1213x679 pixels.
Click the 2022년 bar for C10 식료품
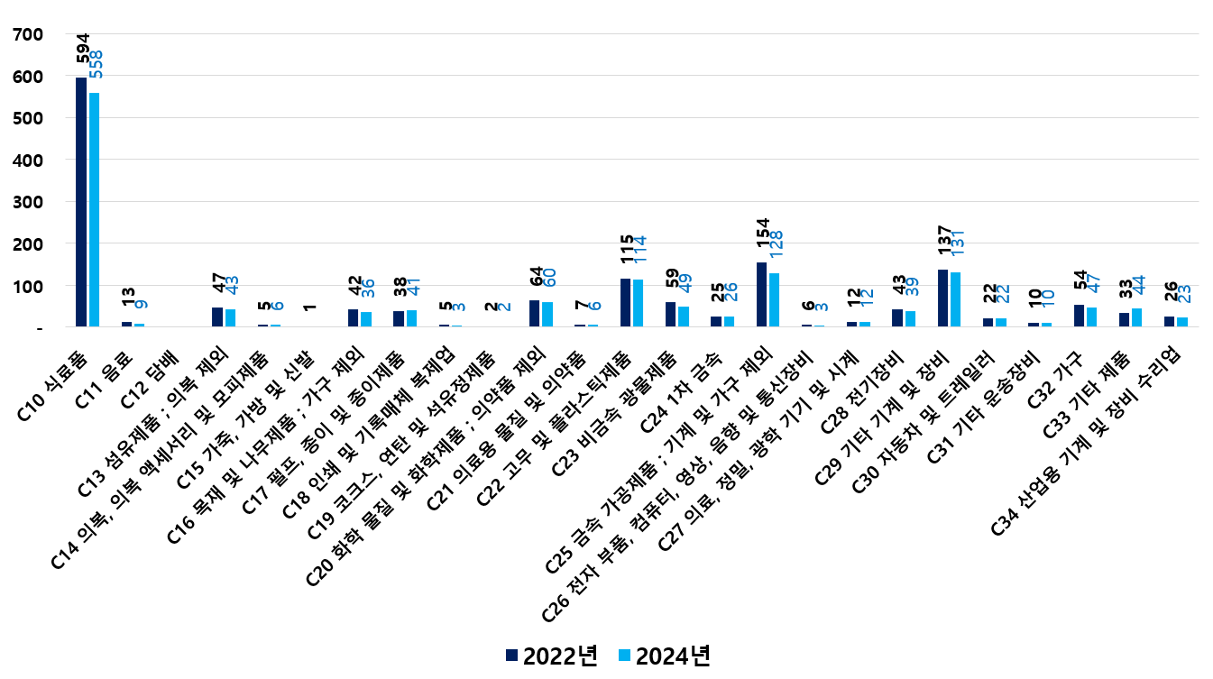click(x=81, y=202)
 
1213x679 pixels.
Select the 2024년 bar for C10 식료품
click(x=94, y=209)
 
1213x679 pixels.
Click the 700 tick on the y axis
click(x=29, y=35)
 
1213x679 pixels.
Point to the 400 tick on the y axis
click(x=29, y=161)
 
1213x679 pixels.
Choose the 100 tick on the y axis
click(x=29, y=286)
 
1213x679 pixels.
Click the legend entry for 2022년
click(x=551, y=656)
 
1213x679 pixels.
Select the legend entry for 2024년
click(x=664, y=656)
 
